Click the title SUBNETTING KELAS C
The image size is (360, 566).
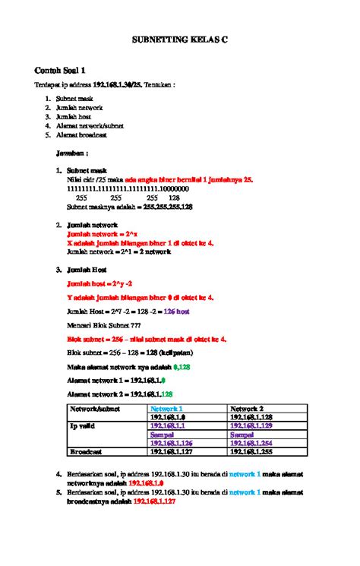click(180, 35)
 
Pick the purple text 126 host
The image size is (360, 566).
click(176, 311)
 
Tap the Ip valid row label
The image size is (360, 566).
click(84, 426)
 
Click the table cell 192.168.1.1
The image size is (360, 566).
click(170, 426)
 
